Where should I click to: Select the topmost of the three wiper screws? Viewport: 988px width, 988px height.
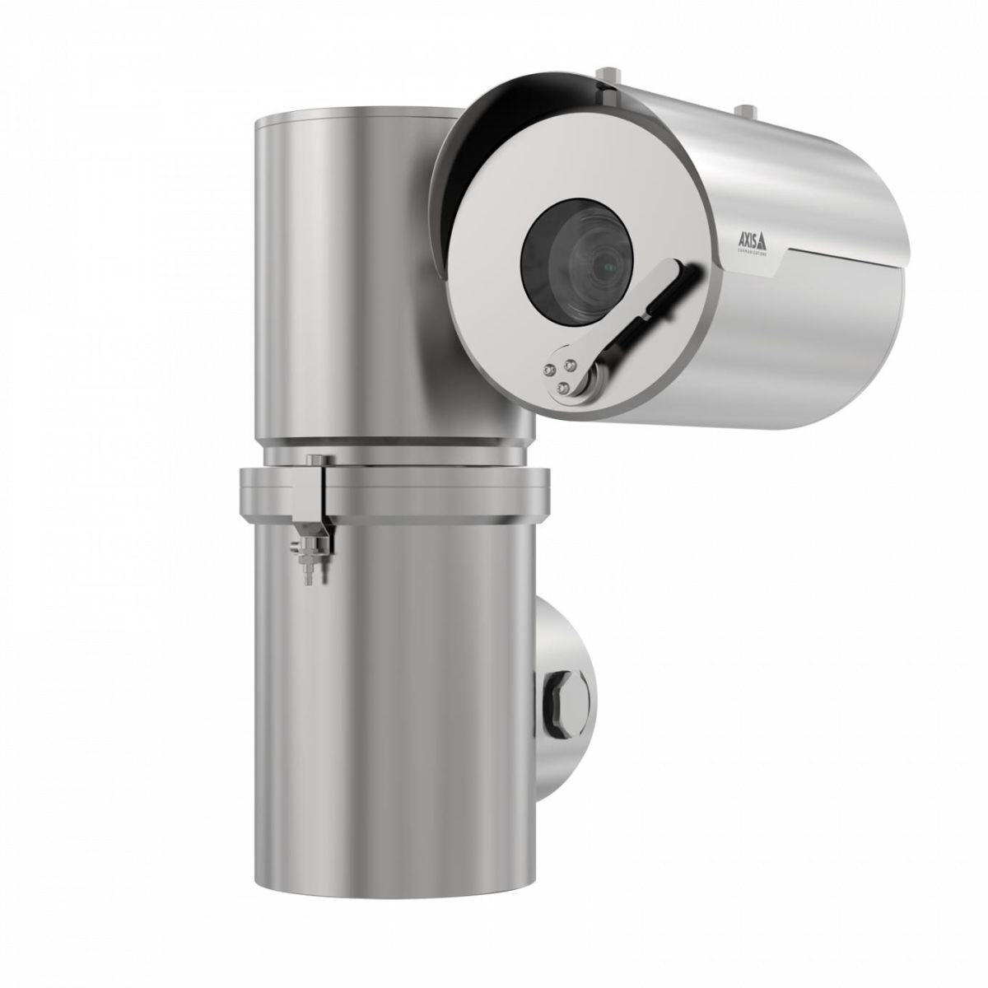pyautogui.click(x=569, y=358)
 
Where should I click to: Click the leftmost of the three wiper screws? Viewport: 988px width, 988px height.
pyautogui.click(x=547, y=370)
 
